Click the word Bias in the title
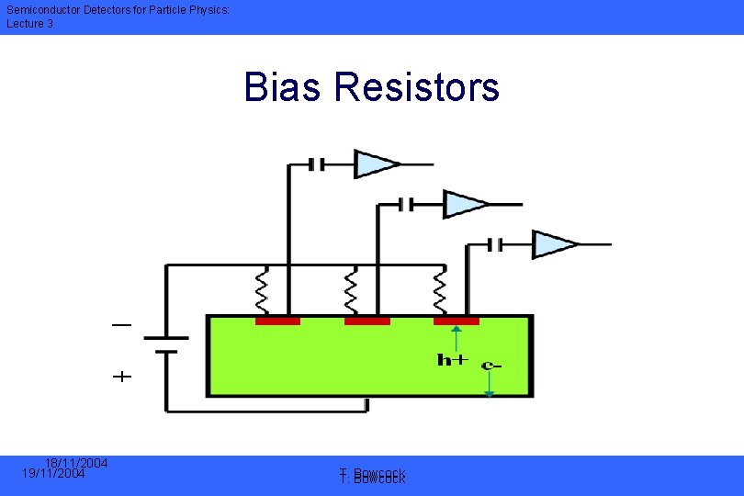(284, 87)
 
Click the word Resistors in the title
(417, 87)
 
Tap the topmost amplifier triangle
(376, 164)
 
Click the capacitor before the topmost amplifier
(316, 164)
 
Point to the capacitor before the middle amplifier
(406, 204)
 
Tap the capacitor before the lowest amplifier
(495, 244)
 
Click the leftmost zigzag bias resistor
(261, 290)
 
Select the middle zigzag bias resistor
(350, 290)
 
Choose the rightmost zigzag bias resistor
(439, 290)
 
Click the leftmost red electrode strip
(277, 321)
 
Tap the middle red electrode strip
(366, 321)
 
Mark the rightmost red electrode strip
(456, 321)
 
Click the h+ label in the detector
(452, 359)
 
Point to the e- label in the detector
(491, 365)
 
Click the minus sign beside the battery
(121, 325)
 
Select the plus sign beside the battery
(121, 376)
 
